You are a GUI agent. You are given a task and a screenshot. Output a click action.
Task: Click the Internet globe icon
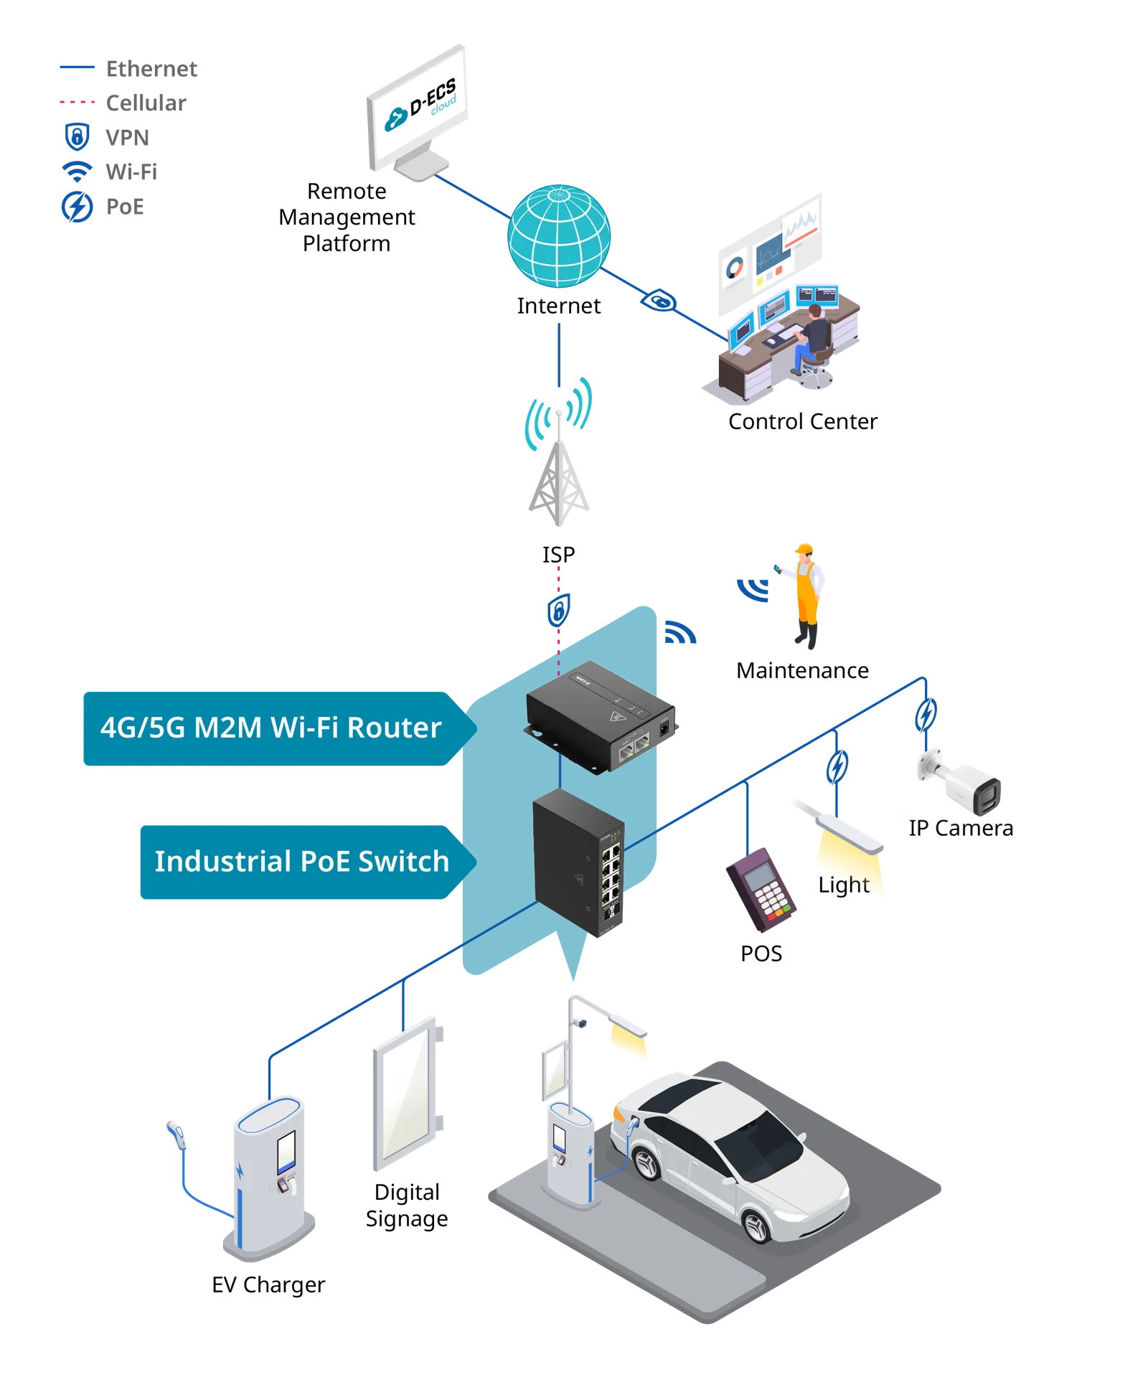click(559, 236)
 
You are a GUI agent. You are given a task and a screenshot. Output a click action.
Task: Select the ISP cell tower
click(559, 452)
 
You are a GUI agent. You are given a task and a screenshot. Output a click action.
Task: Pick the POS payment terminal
click(761, 889)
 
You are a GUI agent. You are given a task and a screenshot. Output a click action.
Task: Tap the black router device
click(601, 717)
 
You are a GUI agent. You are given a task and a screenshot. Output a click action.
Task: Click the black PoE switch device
click(579, 863)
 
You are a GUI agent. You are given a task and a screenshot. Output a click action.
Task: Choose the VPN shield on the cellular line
click(559, 611)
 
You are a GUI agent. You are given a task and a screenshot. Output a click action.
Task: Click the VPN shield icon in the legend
click(77, 136)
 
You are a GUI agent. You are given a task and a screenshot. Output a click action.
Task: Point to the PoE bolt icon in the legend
click(77, 207)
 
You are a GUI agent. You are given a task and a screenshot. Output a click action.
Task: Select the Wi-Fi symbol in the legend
click(77, 171)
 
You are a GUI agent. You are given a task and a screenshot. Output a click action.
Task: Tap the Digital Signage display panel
click(408, 1093)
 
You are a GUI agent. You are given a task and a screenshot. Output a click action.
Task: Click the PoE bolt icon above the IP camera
click(926, 715)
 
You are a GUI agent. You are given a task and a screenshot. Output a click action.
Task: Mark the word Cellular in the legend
click(146, 103)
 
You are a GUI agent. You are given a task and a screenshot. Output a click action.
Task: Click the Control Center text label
click(803, 421)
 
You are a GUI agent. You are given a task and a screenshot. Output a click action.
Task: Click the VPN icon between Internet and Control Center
click(659, 301)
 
